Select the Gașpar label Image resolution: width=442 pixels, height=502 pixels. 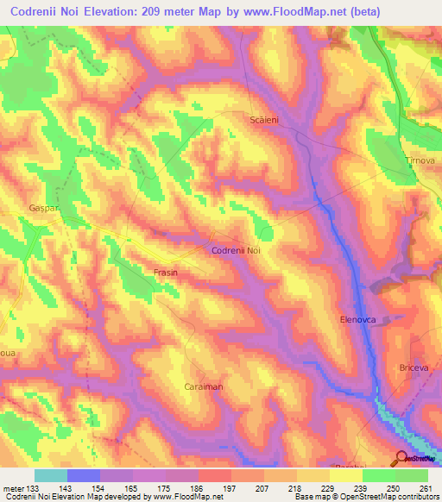click(17, 210)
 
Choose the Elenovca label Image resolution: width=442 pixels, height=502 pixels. click(357, 319)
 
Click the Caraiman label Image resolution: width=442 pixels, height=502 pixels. click(204, 387)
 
